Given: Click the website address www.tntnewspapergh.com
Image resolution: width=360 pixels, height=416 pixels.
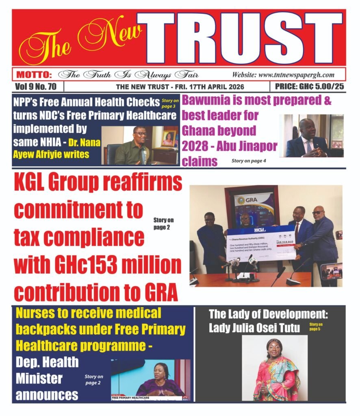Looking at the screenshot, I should pyautogui.click(x=283, y=75).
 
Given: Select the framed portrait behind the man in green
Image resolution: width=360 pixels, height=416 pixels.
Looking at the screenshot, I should pyautogui.click(x=168, y=138).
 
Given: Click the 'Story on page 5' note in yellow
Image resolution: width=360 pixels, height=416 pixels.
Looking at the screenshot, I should pyautogui.click(x=316, y=326).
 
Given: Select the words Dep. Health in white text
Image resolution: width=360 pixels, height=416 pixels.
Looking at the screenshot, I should pyautogui.click(x=47, y=362).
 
